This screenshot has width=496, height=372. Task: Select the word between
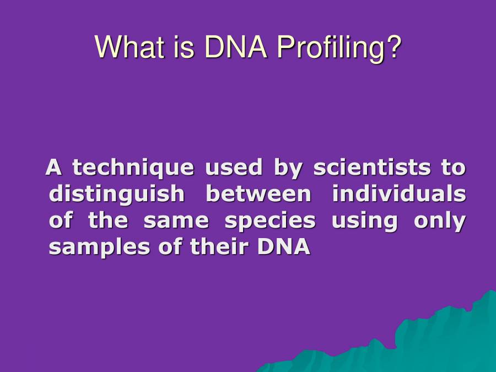pos(258,194)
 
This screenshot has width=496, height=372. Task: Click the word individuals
pos(399,194)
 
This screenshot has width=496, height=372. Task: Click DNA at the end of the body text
pos(284,247)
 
